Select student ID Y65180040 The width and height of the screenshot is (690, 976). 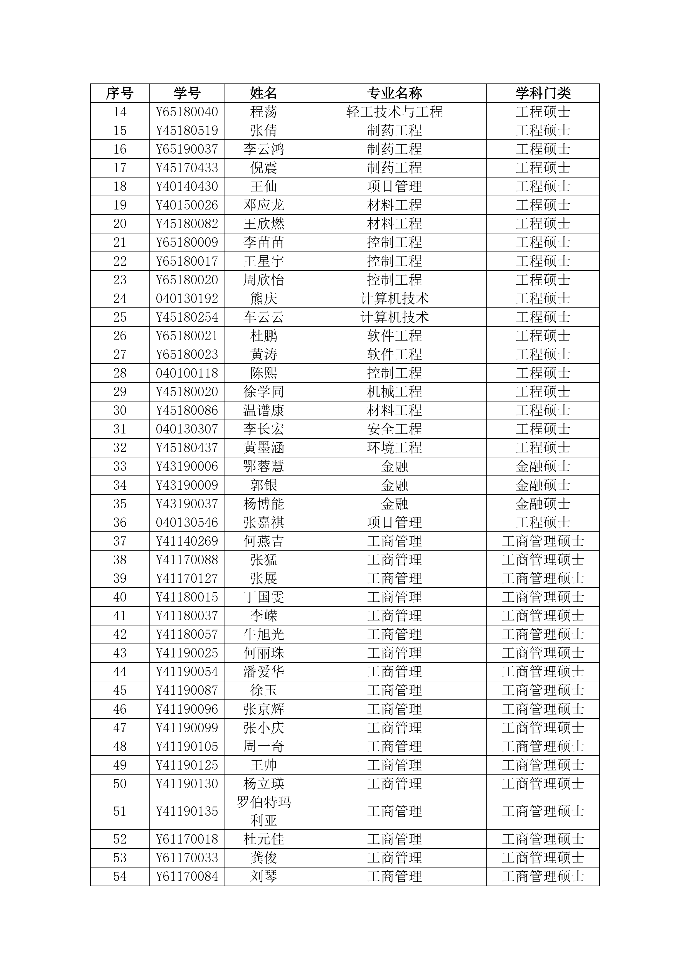coord(187,112)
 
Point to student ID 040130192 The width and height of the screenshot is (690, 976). coord(187,299)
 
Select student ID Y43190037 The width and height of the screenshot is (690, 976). coord(187,504)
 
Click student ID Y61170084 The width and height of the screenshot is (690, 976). coord(187,876)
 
